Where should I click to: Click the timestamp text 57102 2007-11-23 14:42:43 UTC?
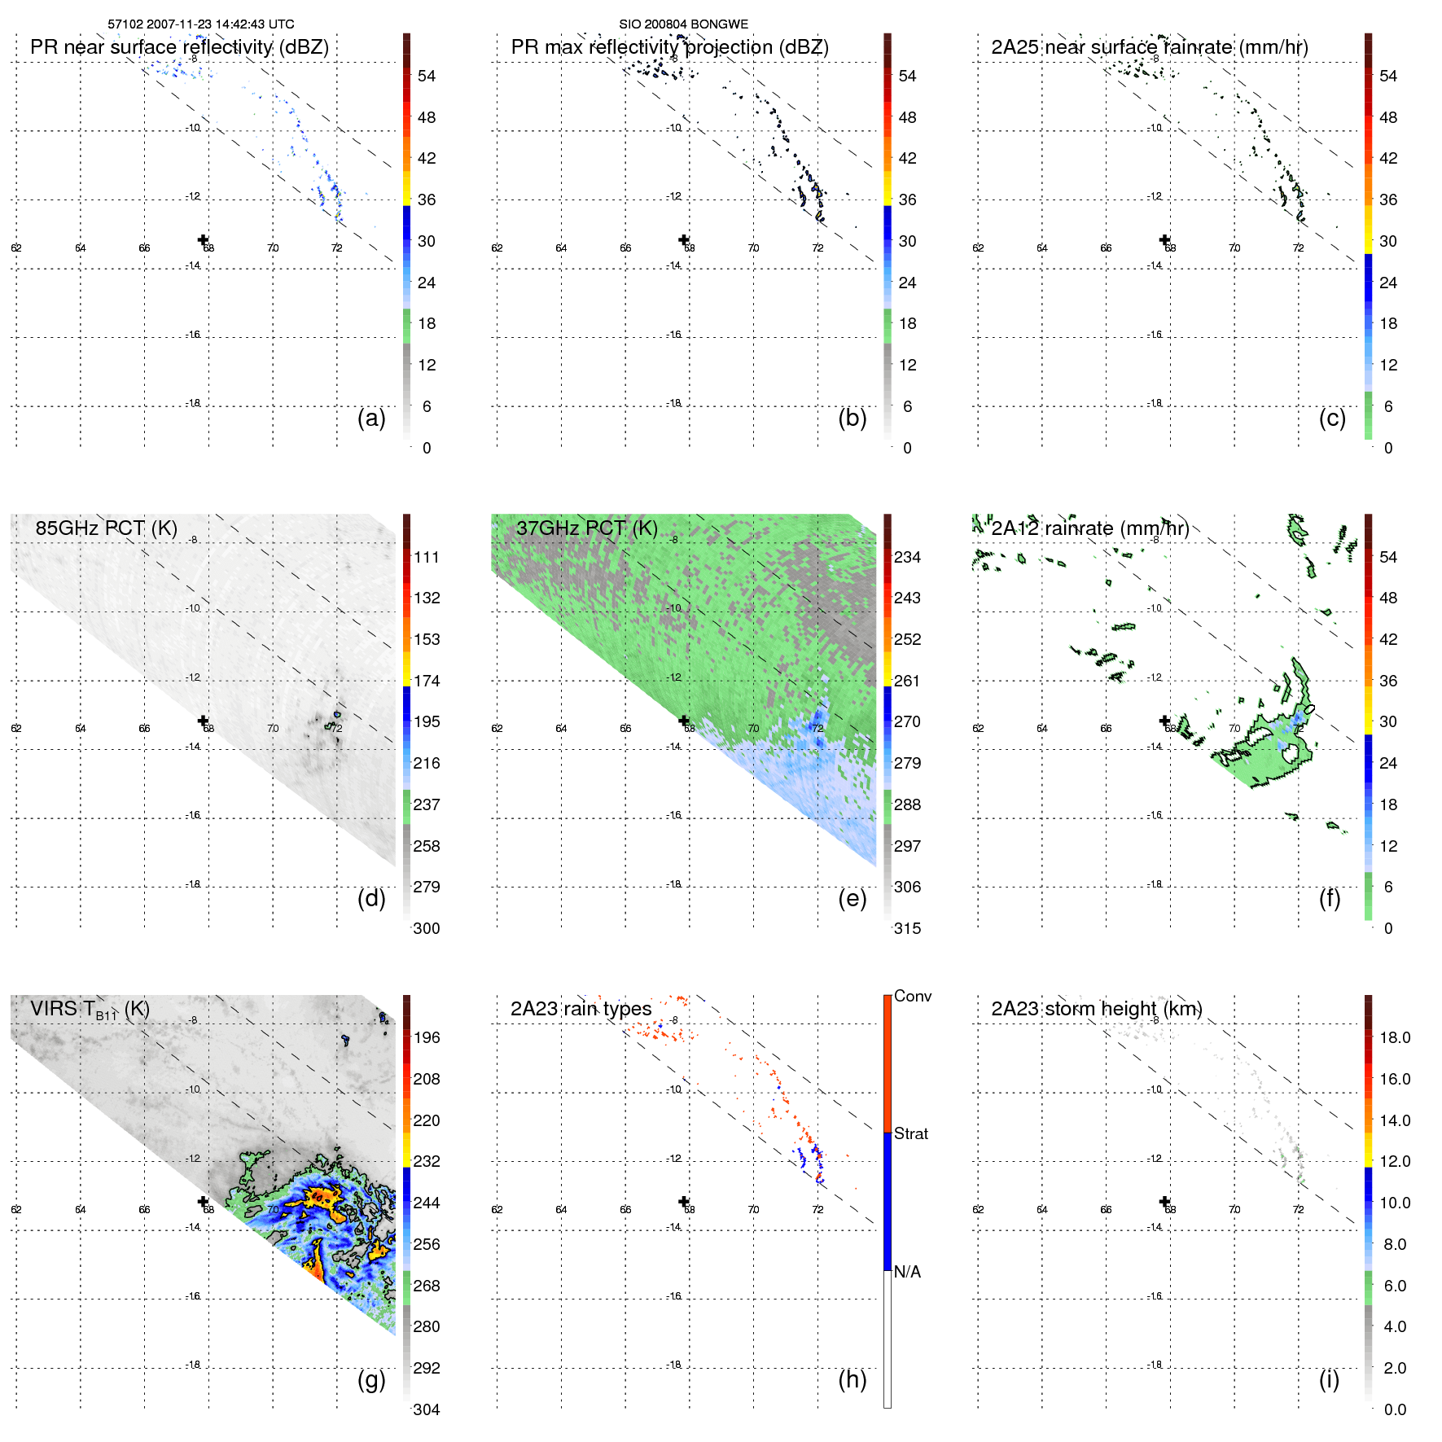point(200,24)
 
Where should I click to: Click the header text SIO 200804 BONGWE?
point(683,24)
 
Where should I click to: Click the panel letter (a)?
point(371,418)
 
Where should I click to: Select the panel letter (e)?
point(852,898)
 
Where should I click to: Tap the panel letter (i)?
point(1329,1379)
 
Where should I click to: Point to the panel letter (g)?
point(371,1379)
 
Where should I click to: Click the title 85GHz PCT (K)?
point(106,528)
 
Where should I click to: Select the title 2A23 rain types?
point(581,1009)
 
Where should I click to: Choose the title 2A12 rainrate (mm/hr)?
point(1090,528)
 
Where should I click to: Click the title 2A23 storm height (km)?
point(1097,1009)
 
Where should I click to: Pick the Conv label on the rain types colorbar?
point(913,996)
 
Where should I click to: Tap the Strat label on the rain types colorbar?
point(911,1133)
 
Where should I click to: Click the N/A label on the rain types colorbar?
point(907,1272)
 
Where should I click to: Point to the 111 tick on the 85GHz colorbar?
point(427,557)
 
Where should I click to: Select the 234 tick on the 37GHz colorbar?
point(907,557)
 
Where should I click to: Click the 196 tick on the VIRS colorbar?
point(427,1037)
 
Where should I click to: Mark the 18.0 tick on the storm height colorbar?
point(1395,1037)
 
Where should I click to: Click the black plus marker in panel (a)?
point(203,239)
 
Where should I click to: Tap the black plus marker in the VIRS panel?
point(203,1201)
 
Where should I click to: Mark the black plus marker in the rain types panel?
point(684,1201)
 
